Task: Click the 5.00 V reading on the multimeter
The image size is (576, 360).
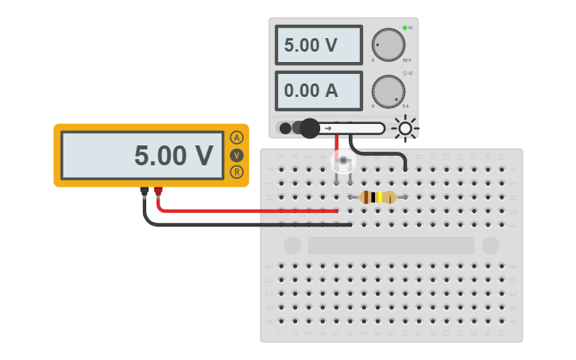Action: tap(173, 156)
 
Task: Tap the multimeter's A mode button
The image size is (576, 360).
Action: tap(237, 137)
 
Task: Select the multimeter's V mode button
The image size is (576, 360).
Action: tap(237, 155)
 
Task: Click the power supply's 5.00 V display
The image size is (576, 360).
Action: tap(319, 45)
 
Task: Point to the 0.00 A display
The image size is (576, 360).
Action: tap(319, 91)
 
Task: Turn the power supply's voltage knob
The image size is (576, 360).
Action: tap(388, 45)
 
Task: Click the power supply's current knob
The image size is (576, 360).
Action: tap(388, 91)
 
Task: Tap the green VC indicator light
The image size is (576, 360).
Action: tap(404, 28)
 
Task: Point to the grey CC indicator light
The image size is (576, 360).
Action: tap(404, 73)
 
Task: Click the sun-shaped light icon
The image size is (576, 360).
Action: tap(405, 128)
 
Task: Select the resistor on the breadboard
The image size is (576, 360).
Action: tap(377, 197)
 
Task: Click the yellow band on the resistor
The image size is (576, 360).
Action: tap(380, 197)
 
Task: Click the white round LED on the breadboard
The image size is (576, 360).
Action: tap(343, 162)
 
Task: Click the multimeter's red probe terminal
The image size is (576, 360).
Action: tap(159, 191)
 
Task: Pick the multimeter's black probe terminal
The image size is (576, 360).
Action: tap(144, 191)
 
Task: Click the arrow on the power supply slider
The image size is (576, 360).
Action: tap(328, 128)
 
